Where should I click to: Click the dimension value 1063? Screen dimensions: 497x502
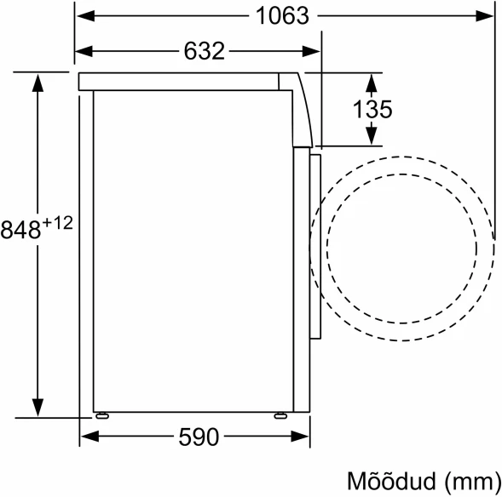click(x=281, y=16)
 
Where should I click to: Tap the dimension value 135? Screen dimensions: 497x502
click(x=374, y=109)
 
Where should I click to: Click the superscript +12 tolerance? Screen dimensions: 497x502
click(x=56, y=224)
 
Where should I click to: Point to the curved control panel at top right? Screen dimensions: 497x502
click(x=299, y=102)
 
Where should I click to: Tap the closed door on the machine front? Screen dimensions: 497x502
click(x=314, y=243)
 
